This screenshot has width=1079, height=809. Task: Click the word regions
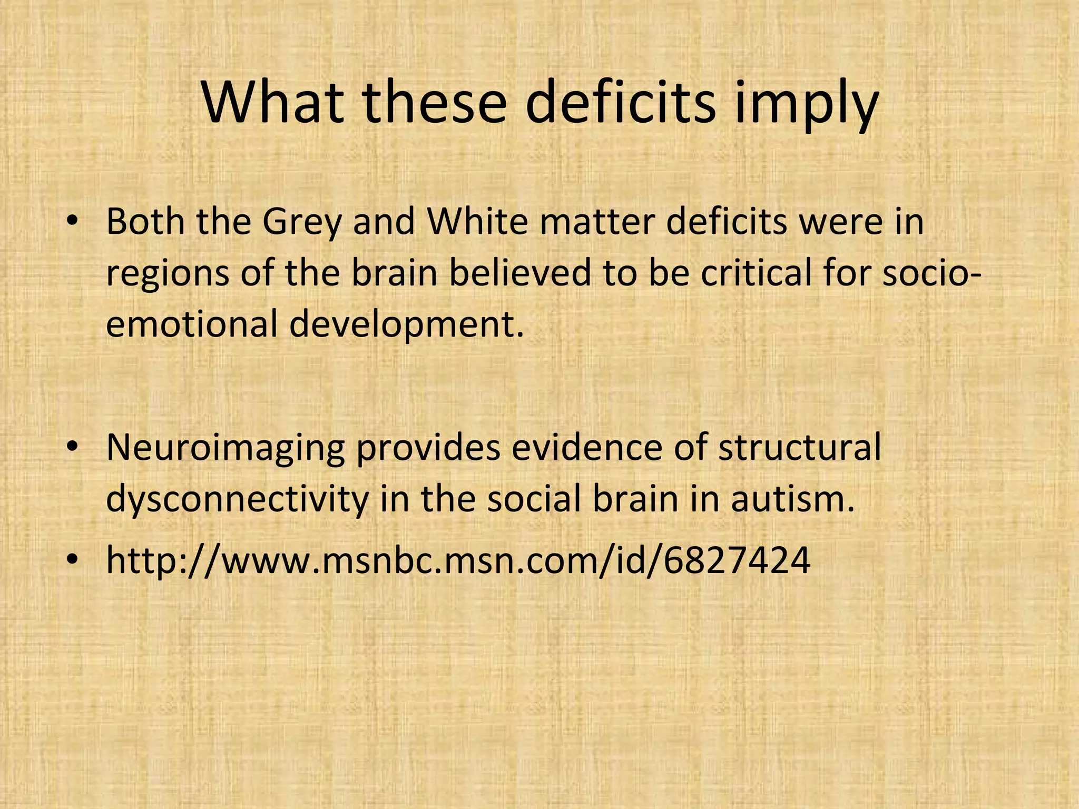click(168, 275)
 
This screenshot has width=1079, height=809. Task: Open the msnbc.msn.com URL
click(458, 560)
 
